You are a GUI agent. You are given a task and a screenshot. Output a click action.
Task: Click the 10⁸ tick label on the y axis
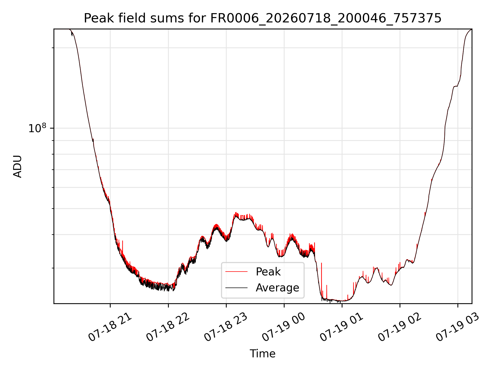pyautogui.click(x=37, y=128)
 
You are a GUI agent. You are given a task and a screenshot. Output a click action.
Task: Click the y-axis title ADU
pyautogui.click(x=17, y=166)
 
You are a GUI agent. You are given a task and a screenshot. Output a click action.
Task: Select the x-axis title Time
pyautogui.click(x=262, y=354)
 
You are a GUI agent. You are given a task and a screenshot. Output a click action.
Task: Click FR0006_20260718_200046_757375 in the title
pyautogui.click(x=326, y=19)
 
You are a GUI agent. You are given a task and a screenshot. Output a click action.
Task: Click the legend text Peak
pyautogui.click(x=268, y=272)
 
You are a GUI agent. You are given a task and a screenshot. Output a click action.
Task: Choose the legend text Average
pyautogui.click(x=277, y=288)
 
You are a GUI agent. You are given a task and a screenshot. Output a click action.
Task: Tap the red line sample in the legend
pyautogui.click(x=236, y=272)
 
